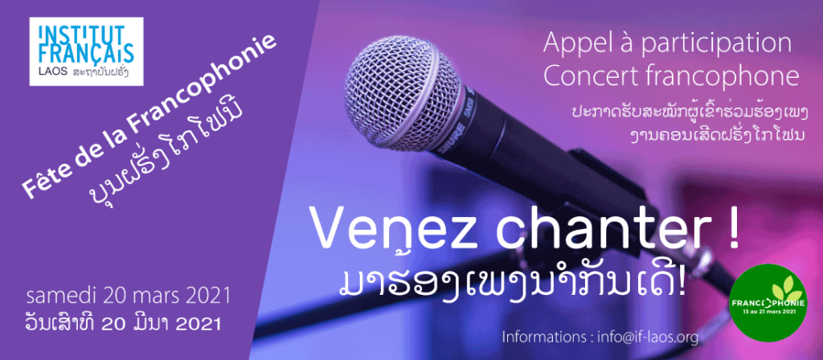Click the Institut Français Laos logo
pyautogui.click(x=86, y=51)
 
